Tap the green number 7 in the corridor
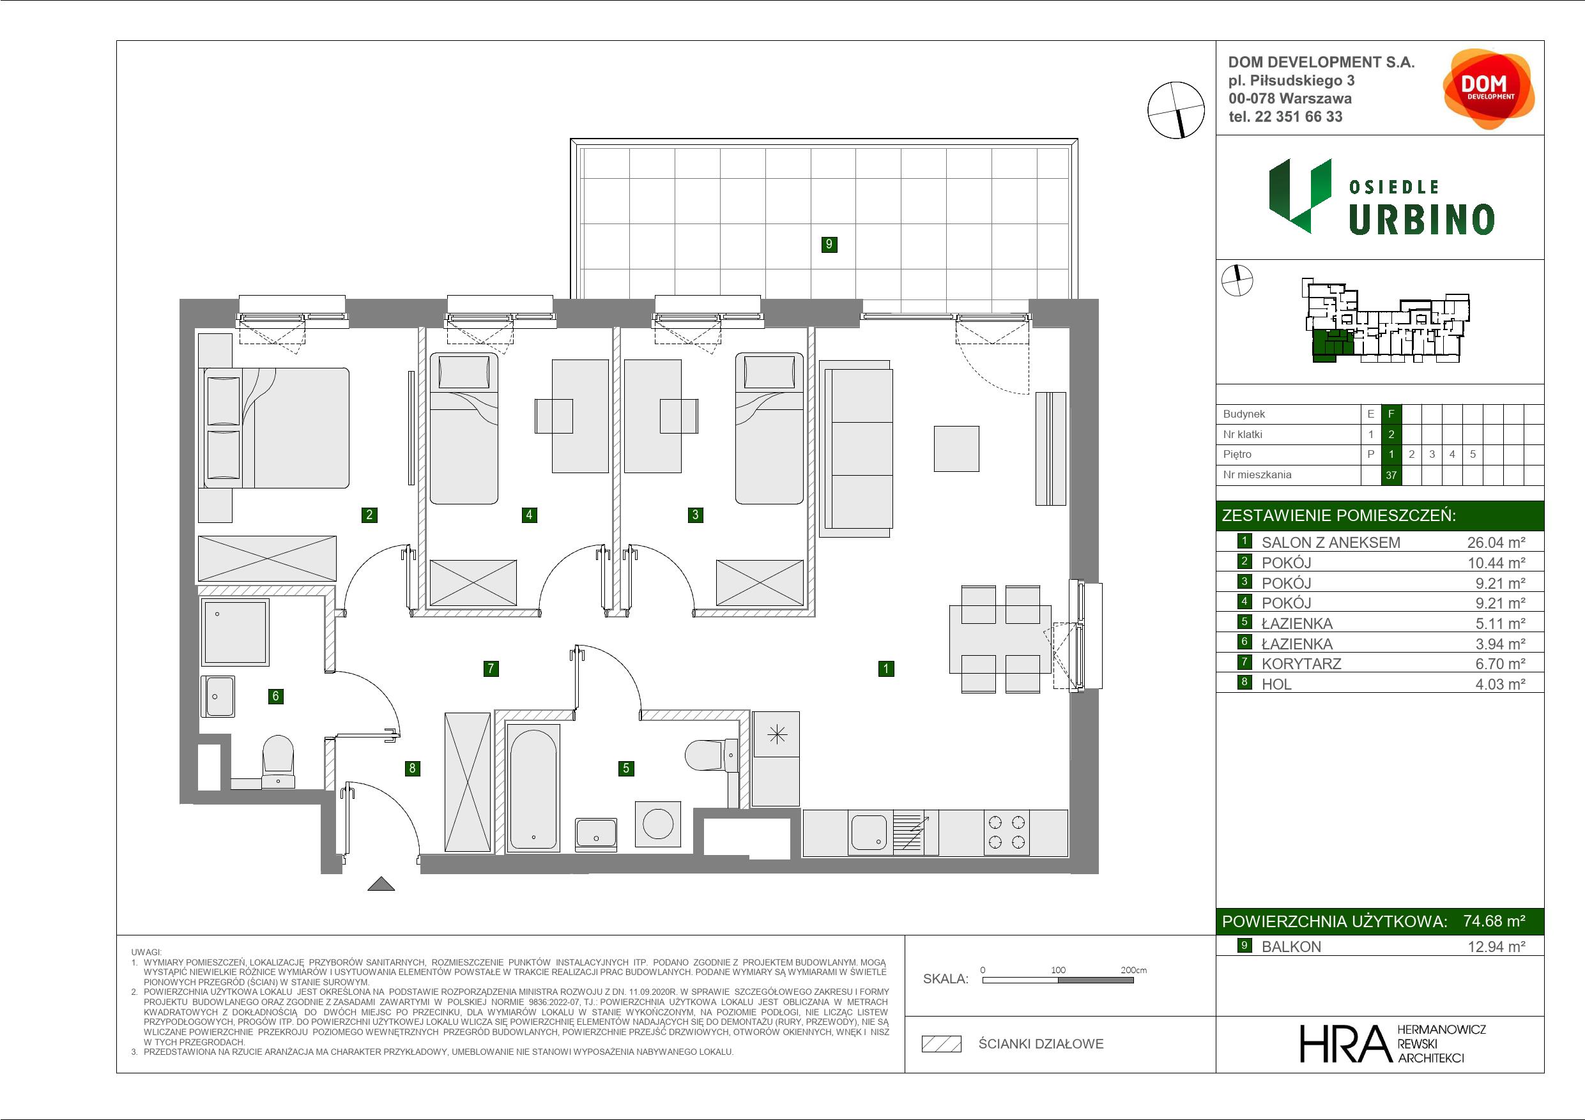click(491, 668)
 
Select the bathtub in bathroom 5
click(532, 786)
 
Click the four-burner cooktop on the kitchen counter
click(1006, 832)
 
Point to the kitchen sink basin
click(869, 832)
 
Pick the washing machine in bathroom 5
click(657, 824)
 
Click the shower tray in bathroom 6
click(234, 632)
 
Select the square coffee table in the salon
click(956, 448)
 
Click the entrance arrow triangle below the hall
click(381, 884)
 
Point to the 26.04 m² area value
click(1496, 542)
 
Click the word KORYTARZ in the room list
click(1301, 664)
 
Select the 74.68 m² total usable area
click(1494, 921)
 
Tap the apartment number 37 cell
click(1391, 475)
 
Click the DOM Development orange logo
click(1489, 89)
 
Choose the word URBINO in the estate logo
click(1421, 220)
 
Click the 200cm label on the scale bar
click(1133, 969)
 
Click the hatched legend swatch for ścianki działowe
click(942, 1044)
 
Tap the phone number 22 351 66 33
click(1299, 117)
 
